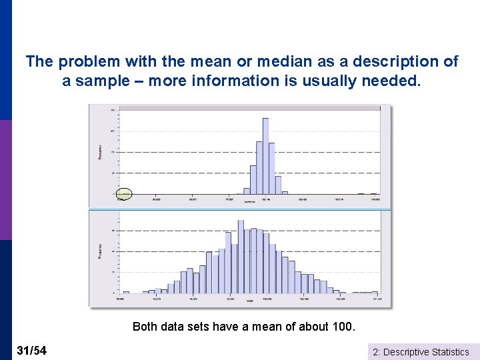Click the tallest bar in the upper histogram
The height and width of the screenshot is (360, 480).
coord(265,156)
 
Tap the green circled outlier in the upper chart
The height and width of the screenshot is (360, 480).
coord(124,194)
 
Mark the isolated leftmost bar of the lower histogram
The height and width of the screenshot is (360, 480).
coord(126,292)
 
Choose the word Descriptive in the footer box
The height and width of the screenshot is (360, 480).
coord(408,352)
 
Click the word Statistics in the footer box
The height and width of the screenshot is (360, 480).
coord(451,352)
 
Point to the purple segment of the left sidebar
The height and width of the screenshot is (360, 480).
coord(5,180)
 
